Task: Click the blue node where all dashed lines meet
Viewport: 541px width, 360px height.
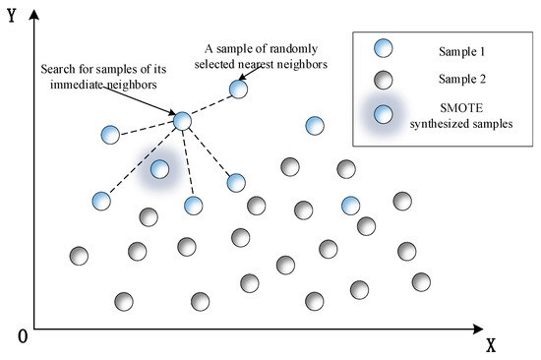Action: point(182,121)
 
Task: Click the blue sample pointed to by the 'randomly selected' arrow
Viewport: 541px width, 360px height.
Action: point(238,90)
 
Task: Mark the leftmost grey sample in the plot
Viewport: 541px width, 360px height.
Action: point(80,256)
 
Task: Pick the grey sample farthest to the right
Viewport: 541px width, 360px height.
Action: point(421,282)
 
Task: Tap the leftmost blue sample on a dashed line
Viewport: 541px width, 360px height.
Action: point(100,202)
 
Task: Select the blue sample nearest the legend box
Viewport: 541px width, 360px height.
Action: point(315,125)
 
